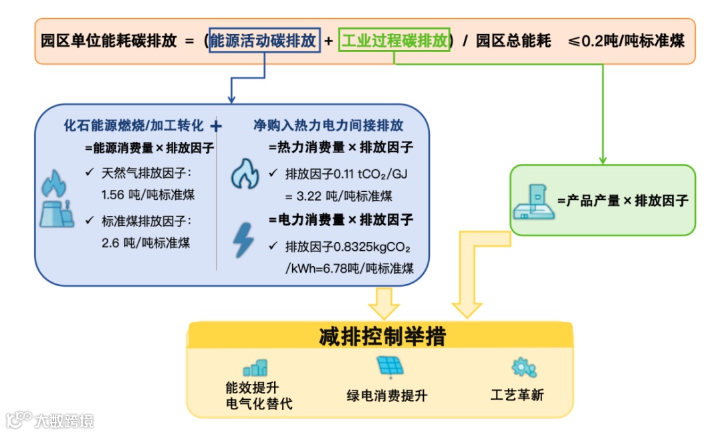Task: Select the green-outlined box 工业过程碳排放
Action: pyautogui.click(x=394, y=41)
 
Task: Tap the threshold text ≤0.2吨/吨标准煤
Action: pyautogui.click(x=626, y=41)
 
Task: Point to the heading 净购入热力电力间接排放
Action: pyautogui.click(x=328, y=126)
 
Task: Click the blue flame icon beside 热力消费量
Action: pyautogui.click(x=245, y=175)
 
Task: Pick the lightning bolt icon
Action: pyautogui.click(x=243, y=241)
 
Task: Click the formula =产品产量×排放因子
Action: pyautogui.click(x=622, y=200)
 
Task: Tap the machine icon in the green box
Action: pyautogui.click(x=533, y=201)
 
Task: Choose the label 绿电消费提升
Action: pyautogui.click(x=386, y=395)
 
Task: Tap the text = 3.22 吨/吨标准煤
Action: pyautogui.click(x=339, y=196)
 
